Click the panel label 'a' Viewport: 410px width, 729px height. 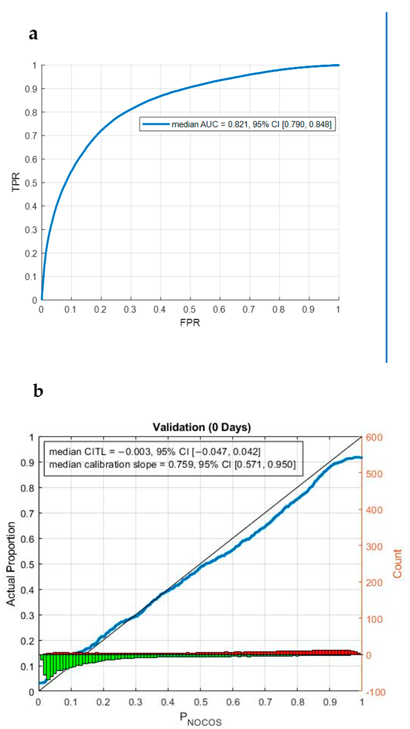[33, 35]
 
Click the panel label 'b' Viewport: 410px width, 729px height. [38, 391]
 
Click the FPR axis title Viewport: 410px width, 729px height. [190, 323]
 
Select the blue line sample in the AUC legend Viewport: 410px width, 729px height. [156, 124]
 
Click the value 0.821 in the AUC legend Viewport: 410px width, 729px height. [237, 124]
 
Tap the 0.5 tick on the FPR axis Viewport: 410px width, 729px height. [189, 309]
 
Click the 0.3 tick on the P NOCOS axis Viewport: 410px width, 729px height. [136, 702]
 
